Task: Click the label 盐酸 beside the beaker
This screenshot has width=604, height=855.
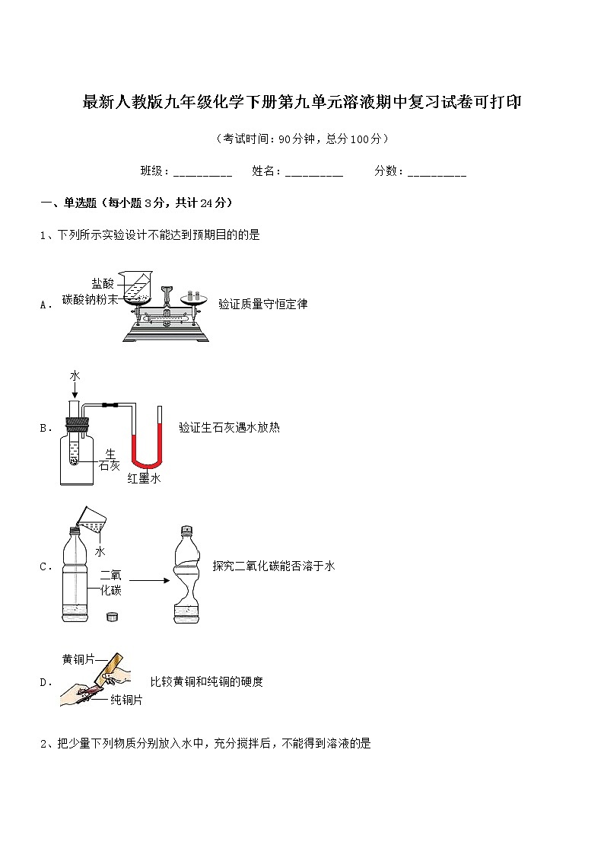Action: pos(103,284)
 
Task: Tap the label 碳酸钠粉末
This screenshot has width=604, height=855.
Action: pos(90,300)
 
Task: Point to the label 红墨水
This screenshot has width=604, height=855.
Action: pos(143,478)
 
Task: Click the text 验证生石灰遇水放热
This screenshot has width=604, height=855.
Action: pos(229,428)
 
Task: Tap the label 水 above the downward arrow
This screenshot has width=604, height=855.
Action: pos(75,376)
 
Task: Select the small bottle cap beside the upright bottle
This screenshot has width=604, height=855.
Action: pos(113,616)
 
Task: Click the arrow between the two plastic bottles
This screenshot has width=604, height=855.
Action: pos(145,581)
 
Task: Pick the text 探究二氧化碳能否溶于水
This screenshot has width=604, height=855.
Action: pos(274,566)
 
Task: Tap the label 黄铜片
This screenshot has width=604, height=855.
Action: pos(78,659)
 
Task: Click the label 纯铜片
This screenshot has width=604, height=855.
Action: pos(126,700)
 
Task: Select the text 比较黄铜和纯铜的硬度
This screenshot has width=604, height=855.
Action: pos(206,681)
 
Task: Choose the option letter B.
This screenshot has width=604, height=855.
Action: pos(43,428)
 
